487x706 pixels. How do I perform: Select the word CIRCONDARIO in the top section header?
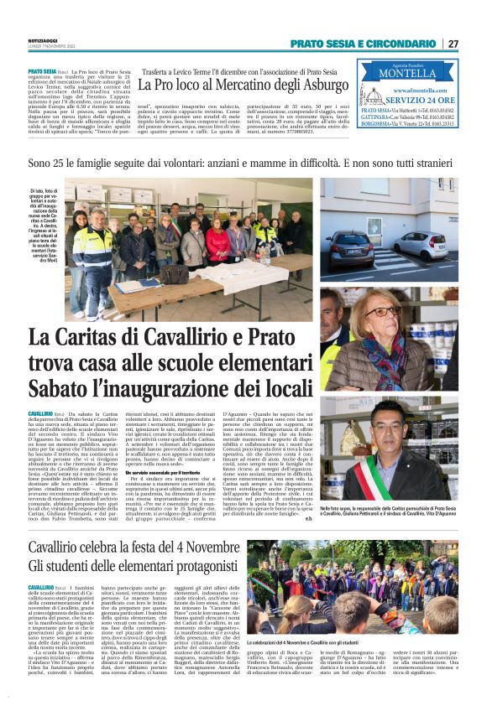tap(399, 44)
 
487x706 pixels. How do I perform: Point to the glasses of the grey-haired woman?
tap(381, 311)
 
